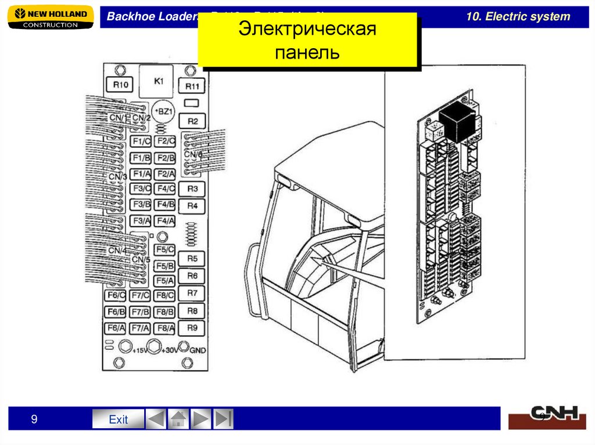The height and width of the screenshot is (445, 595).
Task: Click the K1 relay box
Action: (x=159, y=82)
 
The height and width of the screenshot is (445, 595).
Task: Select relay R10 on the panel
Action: (x=120, y=85)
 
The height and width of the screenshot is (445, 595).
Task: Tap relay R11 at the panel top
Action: (x=192, y=86)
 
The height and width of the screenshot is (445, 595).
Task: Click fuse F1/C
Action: (x=141, y=142)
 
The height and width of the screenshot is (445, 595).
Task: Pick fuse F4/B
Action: (x=166, y=204)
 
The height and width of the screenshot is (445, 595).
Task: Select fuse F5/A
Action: (x=165, y=281)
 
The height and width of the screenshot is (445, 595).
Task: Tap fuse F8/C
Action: (x=165, y=296)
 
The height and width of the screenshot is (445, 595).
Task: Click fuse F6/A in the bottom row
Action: (x=116, y=328)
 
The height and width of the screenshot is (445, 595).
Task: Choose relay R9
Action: (x=193, y=328)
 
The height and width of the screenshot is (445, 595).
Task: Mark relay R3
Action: (x=193, y=189)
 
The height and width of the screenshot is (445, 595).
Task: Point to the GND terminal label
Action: (x=198, y=350)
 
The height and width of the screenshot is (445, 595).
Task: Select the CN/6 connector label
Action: (x=193, y=154)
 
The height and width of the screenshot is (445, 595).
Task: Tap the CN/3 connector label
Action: (x=117, y=176)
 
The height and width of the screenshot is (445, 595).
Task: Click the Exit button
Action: (x=118, y=419)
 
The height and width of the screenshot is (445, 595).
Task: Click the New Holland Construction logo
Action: (x=51, y=17)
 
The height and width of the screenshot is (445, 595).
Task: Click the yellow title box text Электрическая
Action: (x=307, y=30)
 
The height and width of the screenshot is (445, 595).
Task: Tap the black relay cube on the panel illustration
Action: (x=457, y=125)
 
